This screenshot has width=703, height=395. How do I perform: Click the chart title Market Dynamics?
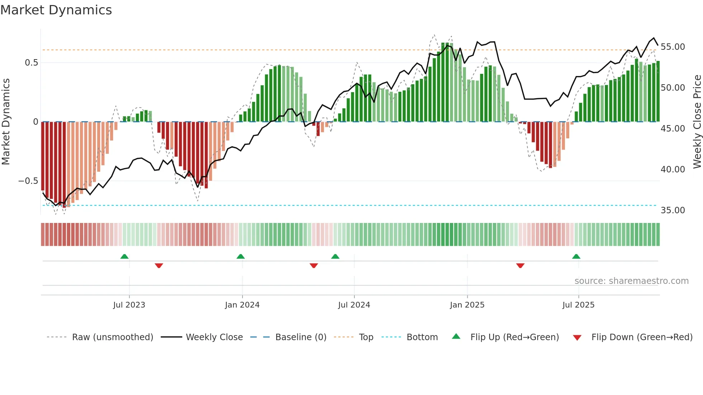pyautogui.click(x=56, y=10)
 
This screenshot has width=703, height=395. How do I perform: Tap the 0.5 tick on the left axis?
pyautogui.click(x=31, y=63)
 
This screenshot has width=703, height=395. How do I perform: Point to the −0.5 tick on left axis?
pyautogui.click(x=28, y=181)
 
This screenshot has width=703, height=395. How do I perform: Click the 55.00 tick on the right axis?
pyautogui.click(x=673, y=47)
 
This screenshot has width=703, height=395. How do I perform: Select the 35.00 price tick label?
pyautogui.click(x=673, y=210)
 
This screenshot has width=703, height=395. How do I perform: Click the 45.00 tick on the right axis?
pyautogui.click(x=673, y=129)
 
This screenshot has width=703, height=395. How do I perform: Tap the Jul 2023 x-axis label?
pyautogui.click(x=129, y=305)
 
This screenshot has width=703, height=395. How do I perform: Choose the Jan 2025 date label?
pyautogui.click(x=467, y=305)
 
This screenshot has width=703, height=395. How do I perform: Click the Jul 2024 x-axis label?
pyautogui.click(x=354, y=305)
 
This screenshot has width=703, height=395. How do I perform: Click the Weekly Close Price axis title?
pyautogui.click(x=697, y=122)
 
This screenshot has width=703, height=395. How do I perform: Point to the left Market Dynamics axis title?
pyautogui.click(x=6, y=122)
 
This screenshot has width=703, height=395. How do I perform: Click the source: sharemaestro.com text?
pyautogui.click(x=631, y=281)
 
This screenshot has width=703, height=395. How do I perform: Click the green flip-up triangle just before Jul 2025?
pyautogui.click(x=576, y=257)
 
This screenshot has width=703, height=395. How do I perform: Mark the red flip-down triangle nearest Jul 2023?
pyautogui.click(x=159, y=266)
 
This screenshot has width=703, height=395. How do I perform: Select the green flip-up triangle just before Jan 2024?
pyautogui.click(x=241, y=257)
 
